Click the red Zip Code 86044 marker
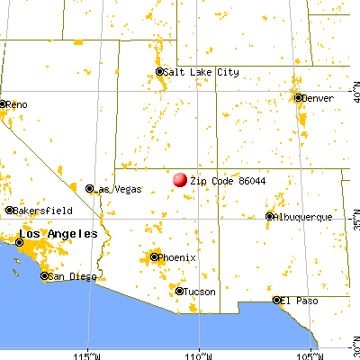click(x=180, y=180)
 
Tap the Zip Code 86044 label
click(x=220, y=180)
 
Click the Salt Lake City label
click(x=202, y=72)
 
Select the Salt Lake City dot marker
click(x=160, y=72)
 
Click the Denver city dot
click(x=298, y=97)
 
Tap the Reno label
click(x=18, y=104)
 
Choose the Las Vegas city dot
click(x=90, y=189)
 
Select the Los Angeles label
click(x=65, y=234)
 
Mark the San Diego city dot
click(x=41, y=276)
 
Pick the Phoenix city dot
click(x=154, y=257)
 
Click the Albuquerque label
click(x=305, y=217)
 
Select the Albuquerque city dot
click(x=270, y=216)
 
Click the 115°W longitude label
click(x=87, y=353)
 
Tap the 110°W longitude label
click(x=200, y=353)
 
